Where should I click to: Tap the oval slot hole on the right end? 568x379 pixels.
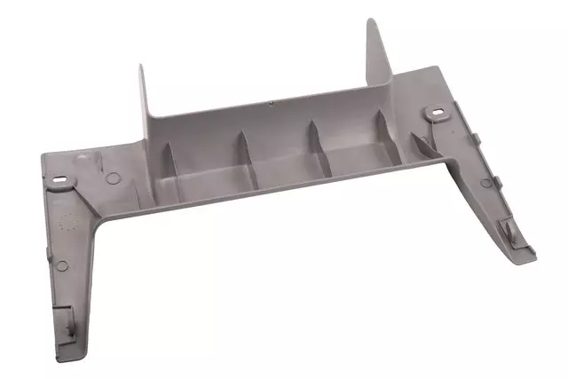[435, 113]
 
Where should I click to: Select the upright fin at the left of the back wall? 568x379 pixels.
[146, 98]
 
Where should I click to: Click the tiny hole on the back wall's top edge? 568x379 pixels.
[271, 102]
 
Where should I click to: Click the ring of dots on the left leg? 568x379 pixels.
[63, 223]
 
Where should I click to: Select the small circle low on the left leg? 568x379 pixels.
[60, 265]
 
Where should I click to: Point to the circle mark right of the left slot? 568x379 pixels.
[112, 178]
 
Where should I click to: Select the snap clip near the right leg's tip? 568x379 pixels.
[507, 228]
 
